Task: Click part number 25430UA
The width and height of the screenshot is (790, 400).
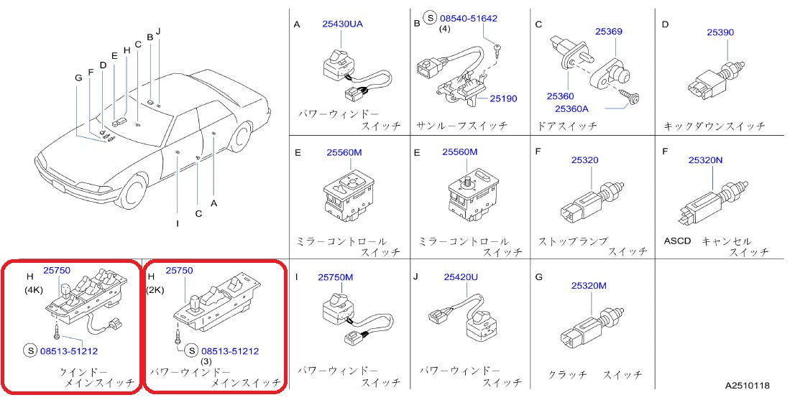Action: point(343,24)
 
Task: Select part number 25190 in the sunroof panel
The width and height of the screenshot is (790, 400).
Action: point(504,98)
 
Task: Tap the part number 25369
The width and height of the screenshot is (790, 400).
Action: point(608,32)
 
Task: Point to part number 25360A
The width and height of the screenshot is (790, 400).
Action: point(571,108)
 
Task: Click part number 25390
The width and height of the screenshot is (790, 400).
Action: point(720,32)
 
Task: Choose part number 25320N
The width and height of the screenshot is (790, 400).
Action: point(705,160)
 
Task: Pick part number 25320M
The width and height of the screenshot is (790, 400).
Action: point(589,285)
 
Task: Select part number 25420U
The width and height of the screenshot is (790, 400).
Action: point(462,276)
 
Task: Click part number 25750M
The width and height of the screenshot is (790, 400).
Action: point(336,276)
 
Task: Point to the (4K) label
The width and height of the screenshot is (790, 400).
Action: point(34,291)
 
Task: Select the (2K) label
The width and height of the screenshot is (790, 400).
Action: point(156,290)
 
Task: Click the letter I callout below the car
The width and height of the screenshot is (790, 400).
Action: point(177,223)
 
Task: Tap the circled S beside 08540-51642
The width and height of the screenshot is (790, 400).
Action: point(430,19)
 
